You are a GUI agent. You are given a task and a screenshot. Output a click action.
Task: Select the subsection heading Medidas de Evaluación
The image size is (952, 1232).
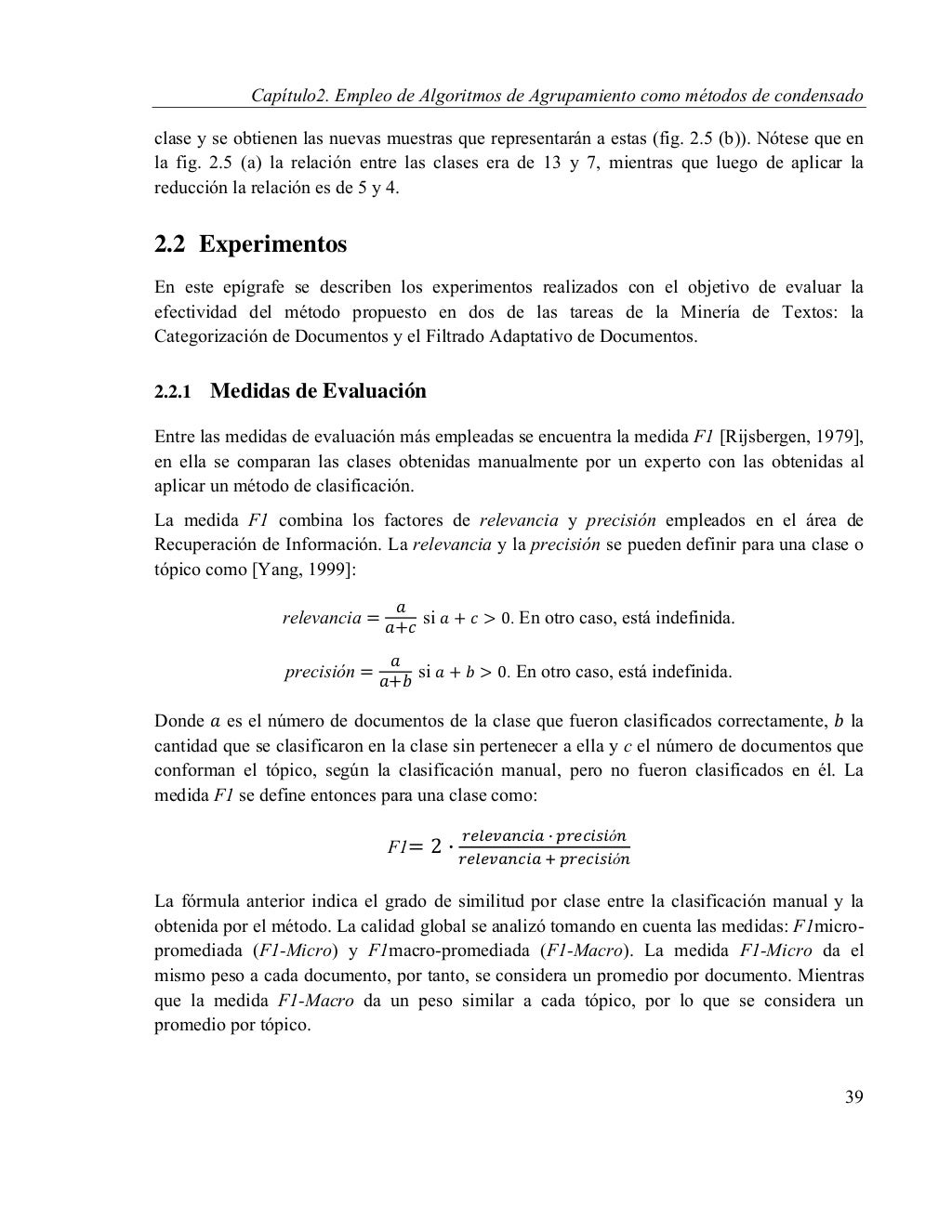pos(318,391)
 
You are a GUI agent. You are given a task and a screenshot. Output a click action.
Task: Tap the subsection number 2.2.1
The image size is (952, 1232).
pos(172,392)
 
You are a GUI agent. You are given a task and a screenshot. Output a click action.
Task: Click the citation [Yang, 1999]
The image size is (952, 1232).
pos(302,569)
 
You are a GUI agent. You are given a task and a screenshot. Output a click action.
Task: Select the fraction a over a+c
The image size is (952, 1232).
pos(400,618)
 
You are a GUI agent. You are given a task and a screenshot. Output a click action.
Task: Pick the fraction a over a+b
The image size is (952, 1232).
pos(395,671)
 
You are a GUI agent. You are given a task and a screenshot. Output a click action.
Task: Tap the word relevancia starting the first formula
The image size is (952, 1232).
pos(322,618)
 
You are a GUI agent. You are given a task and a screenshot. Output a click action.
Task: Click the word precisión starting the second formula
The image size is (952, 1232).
pos(319,672)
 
